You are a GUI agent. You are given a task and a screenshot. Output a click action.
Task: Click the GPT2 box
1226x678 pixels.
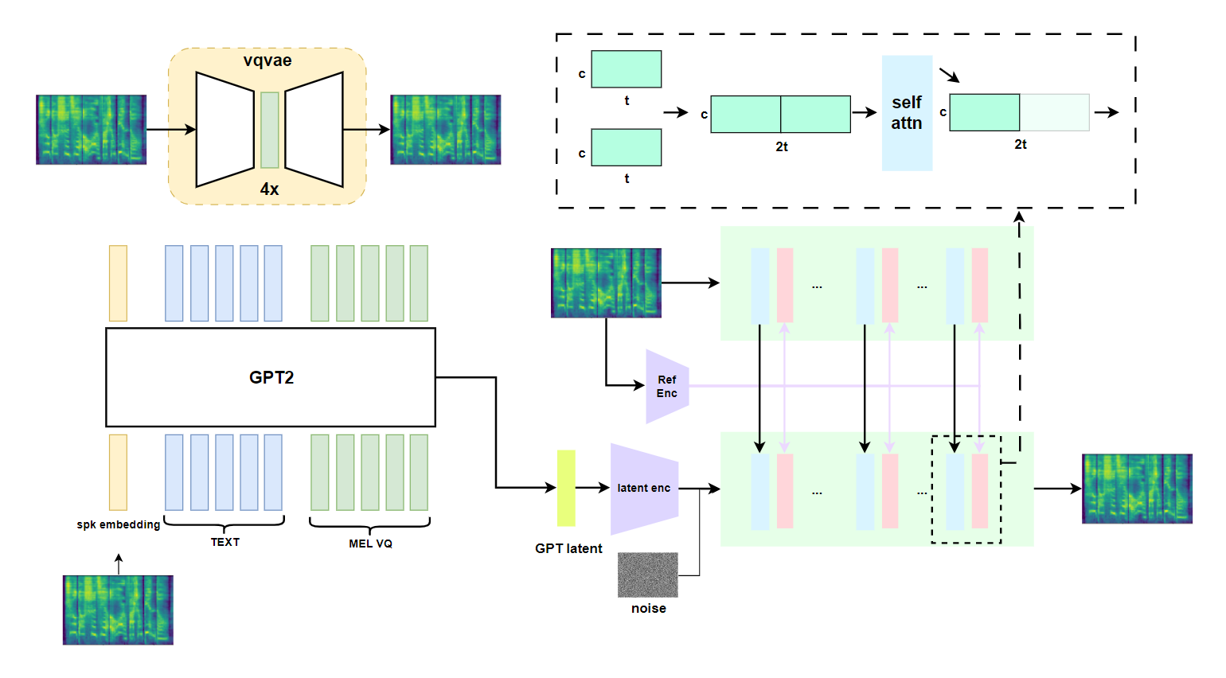point(271,377)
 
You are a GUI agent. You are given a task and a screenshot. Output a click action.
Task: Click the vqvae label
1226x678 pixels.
point(267,60)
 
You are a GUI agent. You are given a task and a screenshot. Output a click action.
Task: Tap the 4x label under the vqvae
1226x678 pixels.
point(269,189)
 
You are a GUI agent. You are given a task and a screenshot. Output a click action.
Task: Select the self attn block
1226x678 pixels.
point(907,113)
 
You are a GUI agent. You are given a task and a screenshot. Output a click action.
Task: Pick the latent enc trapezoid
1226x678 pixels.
point(644,489)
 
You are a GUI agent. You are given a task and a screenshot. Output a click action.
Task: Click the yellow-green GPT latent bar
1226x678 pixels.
point(566,488)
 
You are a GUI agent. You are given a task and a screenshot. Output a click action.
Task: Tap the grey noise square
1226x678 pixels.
point(648,575)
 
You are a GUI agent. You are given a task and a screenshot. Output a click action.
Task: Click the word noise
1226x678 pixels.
point(649,608)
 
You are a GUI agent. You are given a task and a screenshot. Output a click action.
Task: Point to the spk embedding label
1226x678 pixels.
point(119,524)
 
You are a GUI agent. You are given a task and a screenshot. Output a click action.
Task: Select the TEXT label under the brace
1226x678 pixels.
point(225,542)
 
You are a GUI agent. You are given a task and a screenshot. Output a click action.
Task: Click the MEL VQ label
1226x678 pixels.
point(370,544)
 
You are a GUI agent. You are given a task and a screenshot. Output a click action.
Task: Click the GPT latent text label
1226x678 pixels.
point(568,548)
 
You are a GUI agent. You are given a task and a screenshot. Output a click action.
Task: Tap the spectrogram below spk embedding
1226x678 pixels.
point(118,610)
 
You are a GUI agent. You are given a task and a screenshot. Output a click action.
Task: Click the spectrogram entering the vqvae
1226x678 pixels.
point(91,130)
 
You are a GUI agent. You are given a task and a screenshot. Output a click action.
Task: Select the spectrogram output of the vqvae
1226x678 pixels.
point(445,130)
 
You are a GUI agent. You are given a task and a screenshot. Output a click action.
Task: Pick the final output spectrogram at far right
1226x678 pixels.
point(1137,489)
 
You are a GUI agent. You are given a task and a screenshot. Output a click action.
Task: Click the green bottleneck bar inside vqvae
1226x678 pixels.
point(270,130)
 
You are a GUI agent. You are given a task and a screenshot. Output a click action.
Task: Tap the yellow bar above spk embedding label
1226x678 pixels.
point(118,472)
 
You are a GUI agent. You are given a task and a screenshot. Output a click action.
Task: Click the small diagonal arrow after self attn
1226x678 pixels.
point(949,75)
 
